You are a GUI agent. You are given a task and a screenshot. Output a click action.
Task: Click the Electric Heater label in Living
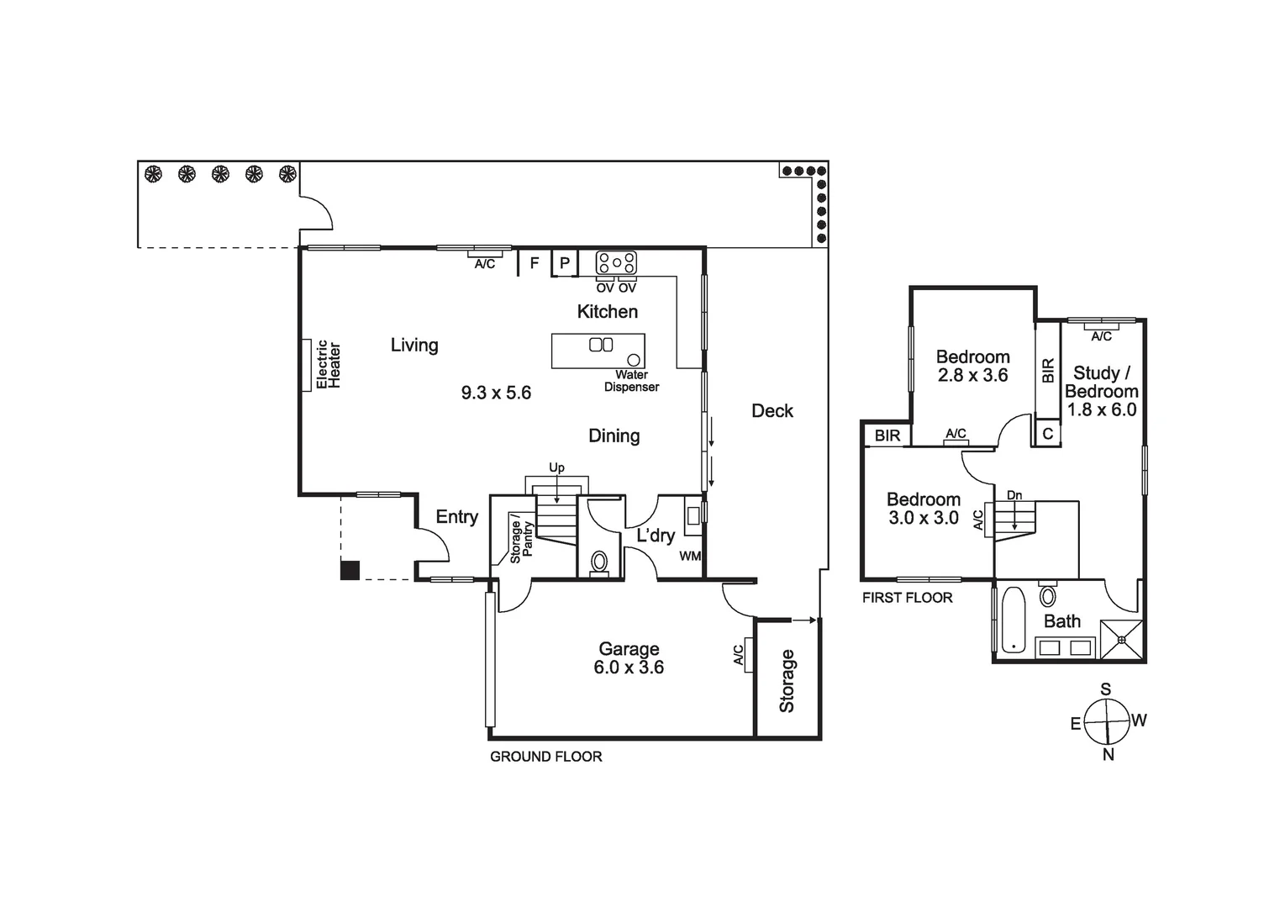328,365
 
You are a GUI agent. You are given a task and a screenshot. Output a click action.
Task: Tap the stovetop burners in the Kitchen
616,262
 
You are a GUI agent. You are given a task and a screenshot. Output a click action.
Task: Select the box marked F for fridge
534,263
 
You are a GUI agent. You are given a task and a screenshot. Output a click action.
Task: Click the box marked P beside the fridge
565,263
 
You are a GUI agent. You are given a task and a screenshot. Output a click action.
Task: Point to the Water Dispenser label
631,381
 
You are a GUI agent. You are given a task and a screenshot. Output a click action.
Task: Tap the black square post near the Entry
350,570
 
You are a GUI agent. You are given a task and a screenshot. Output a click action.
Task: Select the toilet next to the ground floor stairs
599,561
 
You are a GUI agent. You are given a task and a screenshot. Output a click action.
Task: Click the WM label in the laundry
690,556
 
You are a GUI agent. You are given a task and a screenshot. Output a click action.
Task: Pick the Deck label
772,411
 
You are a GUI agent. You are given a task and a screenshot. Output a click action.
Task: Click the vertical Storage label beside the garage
787,681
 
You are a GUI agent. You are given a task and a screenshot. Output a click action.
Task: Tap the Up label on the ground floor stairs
556,467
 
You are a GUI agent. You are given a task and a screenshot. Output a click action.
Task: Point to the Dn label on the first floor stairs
1014,495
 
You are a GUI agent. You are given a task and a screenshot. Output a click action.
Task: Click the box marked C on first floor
1047,434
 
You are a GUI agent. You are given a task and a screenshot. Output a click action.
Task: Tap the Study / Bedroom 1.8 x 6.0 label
1101,391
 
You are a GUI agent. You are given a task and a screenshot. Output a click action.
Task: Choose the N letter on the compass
1108,755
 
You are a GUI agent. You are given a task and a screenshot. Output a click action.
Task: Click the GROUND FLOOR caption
545,757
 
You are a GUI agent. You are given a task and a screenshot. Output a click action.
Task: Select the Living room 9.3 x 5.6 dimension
496,393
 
